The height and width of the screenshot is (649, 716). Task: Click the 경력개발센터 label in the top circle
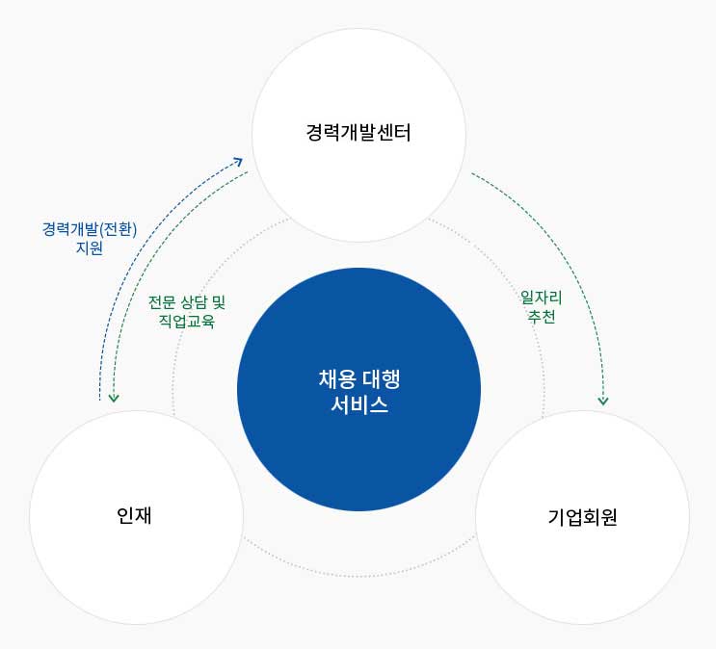(358, 132)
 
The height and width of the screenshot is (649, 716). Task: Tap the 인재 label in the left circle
(134, 515)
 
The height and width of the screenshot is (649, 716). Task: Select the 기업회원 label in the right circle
(583, 517)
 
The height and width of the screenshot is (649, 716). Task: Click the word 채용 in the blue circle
(336, 379)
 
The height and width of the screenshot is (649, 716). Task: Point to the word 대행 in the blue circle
(382, 379)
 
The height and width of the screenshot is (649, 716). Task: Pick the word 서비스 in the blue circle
(359, 404)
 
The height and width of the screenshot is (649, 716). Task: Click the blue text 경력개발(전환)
(90, 229)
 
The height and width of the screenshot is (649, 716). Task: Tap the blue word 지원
(90, 247)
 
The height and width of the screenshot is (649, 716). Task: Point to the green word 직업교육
(187, 321)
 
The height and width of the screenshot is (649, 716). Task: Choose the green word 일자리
(542, 298)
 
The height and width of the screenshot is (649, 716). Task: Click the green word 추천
(542, 316)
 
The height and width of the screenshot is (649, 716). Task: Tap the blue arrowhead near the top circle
(238, 161)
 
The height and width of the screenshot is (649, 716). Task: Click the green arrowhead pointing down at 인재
(114, 398)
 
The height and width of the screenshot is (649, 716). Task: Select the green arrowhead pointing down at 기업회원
(603, 401)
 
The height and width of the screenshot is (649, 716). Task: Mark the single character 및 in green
(219, 302)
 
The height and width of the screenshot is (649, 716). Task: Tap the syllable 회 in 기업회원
(592, 517)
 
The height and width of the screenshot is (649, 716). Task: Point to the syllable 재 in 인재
(143, 515)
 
